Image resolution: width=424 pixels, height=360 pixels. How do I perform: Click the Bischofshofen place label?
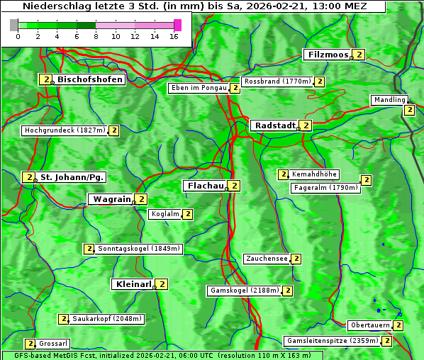(90, 79)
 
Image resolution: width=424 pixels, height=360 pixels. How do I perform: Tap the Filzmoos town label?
(328, 55)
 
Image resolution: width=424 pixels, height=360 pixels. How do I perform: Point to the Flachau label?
(204, 186)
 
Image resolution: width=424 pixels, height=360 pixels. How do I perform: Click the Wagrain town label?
(111, 200)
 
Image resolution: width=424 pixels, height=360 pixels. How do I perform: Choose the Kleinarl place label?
(133, 284)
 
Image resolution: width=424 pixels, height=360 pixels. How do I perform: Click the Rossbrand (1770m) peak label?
(277, 81)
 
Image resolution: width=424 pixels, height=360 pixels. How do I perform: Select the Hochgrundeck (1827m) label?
(65, 130)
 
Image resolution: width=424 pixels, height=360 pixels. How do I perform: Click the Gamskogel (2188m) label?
(245, 291)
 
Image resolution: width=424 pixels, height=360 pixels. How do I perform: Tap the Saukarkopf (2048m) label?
(107, 319)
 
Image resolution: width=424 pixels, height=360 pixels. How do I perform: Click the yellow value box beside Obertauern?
(398, 325)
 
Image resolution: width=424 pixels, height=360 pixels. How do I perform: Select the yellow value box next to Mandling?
(409, 110)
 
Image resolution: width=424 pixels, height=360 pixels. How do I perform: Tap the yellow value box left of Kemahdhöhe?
(283, 174)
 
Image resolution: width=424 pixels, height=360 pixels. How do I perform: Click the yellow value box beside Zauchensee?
(296, 259)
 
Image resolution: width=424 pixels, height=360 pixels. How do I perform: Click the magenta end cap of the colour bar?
(177, 25)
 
